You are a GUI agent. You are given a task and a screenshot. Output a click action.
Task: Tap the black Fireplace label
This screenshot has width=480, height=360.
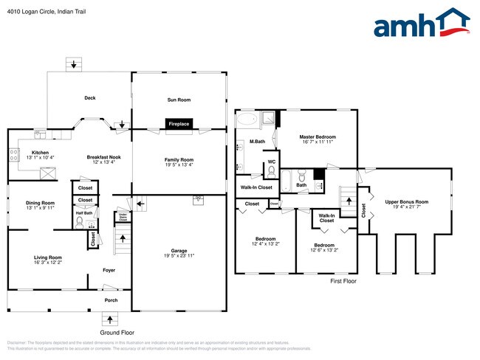point(179,124)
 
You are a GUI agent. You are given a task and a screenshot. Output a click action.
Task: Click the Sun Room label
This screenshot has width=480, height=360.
point(179,99)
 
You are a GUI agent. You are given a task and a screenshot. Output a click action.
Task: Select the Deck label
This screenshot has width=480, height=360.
point(90,97)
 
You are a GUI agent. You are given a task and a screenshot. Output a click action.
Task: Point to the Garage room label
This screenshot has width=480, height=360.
point(179,252)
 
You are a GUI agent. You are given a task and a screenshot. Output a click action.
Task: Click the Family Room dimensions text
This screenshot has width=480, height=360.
point(179,165)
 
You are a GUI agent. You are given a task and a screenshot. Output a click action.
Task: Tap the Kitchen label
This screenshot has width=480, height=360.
point(40,152)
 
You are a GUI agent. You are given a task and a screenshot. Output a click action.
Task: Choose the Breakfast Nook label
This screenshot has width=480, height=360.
point(103,157)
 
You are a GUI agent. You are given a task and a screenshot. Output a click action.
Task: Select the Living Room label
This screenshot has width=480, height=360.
point(47,257)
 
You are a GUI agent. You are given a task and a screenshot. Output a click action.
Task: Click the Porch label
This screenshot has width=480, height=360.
point(111,300)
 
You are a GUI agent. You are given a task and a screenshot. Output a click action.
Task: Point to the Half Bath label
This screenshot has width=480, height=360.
point(83,213)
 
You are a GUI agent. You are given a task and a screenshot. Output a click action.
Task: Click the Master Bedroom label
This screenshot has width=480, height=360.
point(318,137)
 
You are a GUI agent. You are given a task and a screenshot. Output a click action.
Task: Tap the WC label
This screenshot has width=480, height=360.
point(271,162)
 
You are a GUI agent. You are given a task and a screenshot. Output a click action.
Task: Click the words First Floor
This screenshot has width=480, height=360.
point(343,281)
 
